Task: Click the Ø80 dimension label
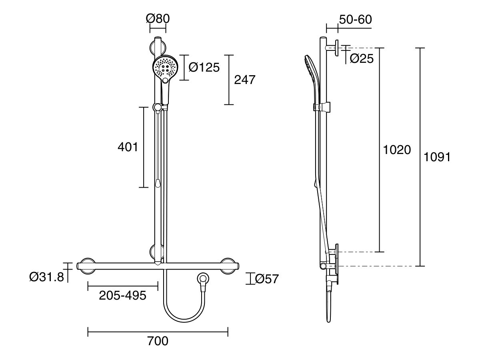(x=158, y=19)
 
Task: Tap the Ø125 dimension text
(x=204, y=68)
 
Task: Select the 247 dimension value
(x=244, y=80)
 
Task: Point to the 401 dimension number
(x=128, y=147)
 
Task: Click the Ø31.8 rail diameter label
(x=46, y=277)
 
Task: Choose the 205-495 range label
(x=122, y=296)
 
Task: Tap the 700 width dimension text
(x=158, y=341)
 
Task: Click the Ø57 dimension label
(x=267, y=279)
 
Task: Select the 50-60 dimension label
(x=355, y=19)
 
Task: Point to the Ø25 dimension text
(x=362, y=59)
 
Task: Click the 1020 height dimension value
(x=397, y=150)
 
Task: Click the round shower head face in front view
(x=165, y=67)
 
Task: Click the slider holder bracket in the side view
(x=322, y=107)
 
